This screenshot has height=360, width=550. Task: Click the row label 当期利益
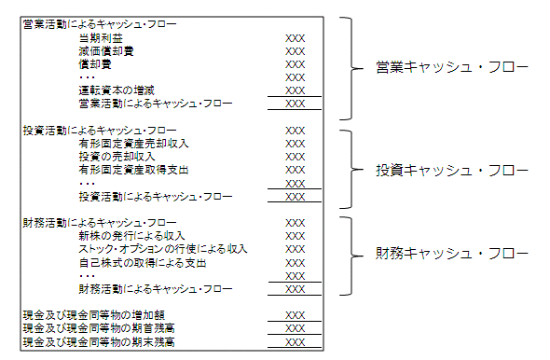101,38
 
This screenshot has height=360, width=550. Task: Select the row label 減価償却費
106,51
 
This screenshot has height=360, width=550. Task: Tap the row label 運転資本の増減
117,90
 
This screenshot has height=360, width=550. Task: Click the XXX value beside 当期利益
295,38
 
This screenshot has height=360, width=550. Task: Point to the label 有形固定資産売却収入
133,144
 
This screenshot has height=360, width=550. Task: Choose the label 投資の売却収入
117,157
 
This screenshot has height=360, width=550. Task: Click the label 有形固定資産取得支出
133,170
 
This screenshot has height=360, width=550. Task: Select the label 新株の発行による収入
131,236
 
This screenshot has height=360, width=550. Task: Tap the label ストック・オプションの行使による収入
163,249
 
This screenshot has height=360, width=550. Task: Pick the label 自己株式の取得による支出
143,263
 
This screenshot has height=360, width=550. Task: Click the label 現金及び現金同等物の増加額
94,315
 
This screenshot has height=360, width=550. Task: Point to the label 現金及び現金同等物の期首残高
99,328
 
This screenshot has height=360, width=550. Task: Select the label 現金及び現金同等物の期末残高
99,341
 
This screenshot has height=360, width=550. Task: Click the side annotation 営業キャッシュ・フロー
452,67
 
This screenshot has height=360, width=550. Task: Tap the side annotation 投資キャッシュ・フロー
452,171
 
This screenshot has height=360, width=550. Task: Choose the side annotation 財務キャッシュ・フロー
452,254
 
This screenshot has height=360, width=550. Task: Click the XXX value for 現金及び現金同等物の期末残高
295,342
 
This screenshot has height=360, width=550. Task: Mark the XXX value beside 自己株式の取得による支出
295,263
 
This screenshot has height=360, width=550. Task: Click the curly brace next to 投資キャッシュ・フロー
351,170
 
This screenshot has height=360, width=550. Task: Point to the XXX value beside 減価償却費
295,51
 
